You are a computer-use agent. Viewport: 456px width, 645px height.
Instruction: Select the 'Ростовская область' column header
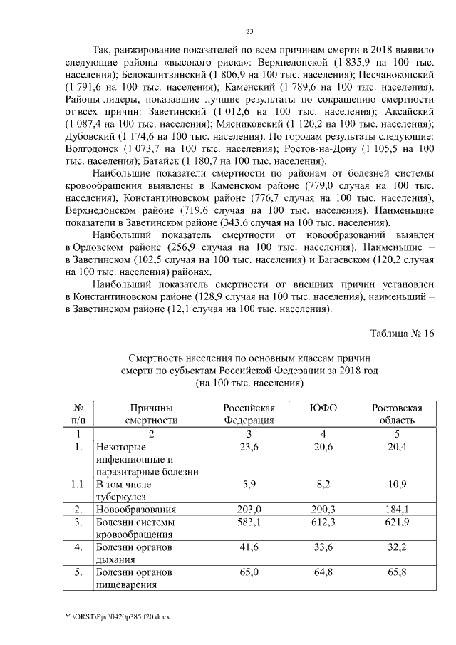coord(397,414)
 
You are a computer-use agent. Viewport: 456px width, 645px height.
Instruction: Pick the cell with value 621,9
coord(397,522)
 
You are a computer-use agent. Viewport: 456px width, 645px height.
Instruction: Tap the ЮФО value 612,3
coord(324,522)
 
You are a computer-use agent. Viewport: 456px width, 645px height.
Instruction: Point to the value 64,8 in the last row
coord(324,572)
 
